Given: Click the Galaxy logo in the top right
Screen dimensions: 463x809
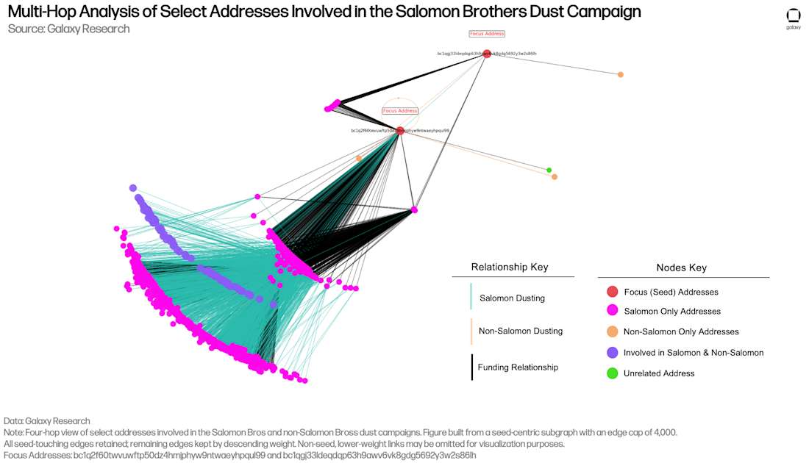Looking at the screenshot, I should click(793, 16).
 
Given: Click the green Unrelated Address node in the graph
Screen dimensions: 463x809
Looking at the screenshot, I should click(549, 170).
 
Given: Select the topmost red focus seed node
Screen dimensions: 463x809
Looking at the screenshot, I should click(487, 53).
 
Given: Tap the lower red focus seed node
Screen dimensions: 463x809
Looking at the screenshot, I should click(400, 130).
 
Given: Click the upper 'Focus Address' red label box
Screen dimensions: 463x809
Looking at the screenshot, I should click(487, 34).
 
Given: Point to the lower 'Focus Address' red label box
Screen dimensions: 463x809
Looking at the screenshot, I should click(400, 111).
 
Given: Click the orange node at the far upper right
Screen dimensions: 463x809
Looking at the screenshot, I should click(621, 74).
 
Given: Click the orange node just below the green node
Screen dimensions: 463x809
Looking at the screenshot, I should click(555, 176).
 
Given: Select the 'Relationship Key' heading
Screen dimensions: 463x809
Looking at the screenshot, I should click(510, 267).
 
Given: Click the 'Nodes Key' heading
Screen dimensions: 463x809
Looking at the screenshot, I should click(682, 268).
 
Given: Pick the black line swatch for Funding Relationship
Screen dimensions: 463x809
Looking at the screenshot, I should click(471, 367).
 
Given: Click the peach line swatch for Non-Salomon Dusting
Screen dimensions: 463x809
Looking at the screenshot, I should click(471, 331).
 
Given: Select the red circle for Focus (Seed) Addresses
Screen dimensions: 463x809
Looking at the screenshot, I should click(612, 292).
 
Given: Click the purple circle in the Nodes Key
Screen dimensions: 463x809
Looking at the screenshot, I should click(612, 353).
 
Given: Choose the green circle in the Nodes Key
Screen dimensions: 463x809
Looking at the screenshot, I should click(612, 373).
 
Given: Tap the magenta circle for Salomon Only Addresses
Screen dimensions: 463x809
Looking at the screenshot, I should click(612, 312).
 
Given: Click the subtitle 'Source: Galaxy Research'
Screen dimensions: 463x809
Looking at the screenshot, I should click(68, 29).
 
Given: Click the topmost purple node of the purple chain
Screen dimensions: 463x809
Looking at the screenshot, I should click(133, 188).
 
